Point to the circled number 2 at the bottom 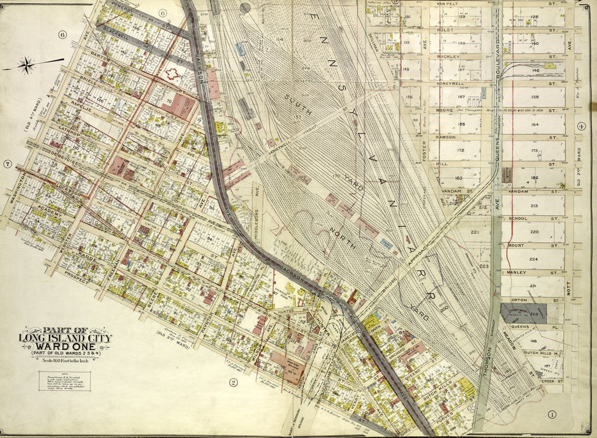point(233,383)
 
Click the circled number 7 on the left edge point(7,164)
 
